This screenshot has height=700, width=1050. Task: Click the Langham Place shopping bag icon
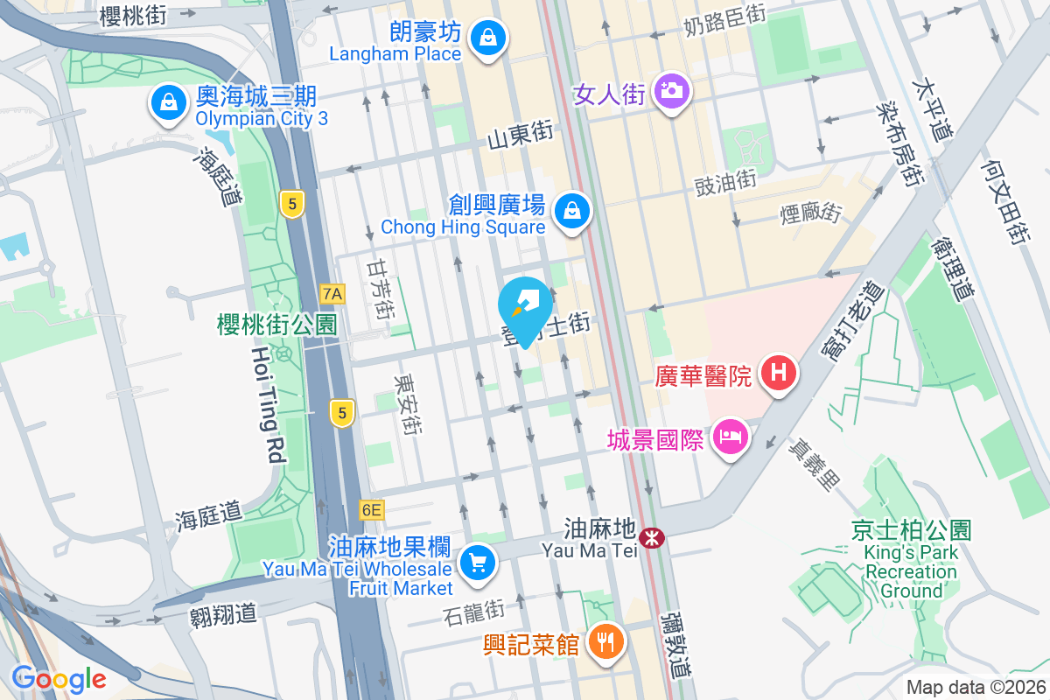coord(486,38)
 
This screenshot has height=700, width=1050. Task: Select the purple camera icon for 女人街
coord(671,91)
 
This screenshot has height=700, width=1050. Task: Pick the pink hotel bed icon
coord(729,436)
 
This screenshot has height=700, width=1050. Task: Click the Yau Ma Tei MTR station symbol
coord(651,537)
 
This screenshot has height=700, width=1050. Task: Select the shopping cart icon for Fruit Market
coord(477,561)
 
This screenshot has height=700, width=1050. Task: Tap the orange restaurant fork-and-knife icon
coord(604,642)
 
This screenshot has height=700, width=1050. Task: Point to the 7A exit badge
coord(332,293)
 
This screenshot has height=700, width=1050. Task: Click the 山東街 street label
coord(520,134)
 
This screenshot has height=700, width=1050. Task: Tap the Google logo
coord(59,678)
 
